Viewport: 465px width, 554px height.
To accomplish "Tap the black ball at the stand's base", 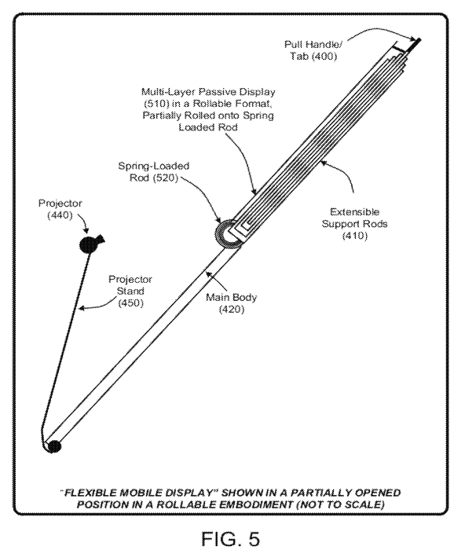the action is [54, 446].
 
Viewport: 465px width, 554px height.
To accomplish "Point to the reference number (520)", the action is [165, 178].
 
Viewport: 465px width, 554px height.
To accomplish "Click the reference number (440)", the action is [60, 215].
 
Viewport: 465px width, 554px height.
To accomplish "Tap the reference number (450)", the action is [130, 303].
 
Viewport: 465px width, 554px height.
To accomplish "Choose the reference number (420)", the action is [232, 310].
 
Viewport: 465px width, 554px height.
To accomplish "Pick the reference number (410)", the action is [355, 236].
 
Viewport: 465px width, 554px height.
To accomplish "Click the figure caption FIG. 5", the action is [231, 538].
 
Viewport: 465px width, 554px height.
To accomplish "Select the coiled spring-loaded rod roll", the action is [228, 233].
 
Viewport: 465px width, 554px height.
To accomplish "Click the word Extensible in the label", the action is [355, 212].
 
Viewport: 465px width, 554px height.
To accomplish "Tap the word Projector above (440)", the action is [60, 204].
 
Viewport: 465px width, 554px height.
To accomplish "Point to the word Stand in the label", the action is [130, 291].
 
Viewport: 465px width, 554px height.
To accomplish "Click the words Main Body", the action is [231, 298].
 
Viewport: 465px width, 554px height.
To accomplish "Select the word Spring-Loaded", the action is [154, 166].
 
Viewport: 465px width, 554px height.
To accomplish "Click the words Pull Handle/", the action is [313, 45].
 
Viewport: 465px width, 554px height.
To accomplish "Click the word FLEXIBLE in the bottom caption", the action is [87, 493].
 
